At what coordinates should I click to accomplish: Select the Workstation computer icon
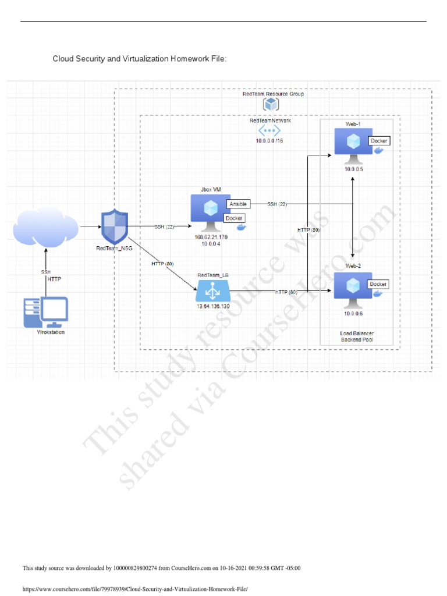pos(46,313)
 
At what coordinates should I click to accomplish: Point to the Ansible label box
pos(238,204)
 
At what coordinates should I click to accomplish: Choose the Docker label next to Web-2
pos(378,284)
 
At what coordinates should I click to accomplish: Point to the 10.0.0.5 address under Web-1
pos(353,168)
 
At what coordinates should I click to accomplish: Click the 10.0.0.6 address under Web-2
pos(353,313)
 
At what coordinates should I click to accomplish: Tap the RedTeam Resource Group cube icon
pos(271,104)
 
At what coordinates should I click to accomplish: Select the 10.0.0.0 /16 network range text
pos(269,141)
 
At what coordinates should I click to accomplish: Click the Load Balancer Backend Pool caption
pos(357,336)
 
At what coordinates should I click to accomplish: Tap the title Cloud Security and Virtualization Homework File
pos(139,59)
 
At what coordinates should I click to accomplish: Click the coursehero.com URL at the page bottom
pos(134,589)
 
